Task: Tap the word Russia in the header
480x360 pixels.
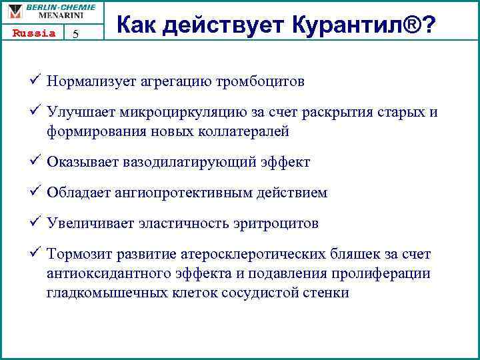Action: point(33,33)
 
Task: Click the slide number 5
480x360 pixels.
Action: point(75,35)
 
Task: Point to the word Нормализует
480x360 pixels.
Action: point(91,81)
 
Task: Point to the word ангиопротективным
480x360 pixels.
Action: point(194,193)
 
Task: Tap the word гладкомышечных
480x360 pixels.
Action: point(101,293)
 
